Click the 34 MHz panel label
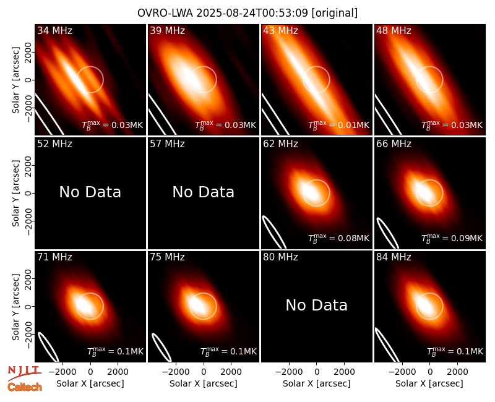(54, 30)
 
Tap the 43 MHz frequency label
(280, 30)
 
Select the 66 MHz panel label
(394, 144)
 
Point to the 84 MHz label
(394, 257)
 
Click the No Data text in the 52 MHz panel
(90, 192)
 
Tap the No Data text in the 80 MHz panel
(316, 305)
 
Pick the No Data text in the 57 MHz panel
(204, 192)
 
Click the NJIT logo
(25, 372)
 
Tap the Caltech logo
(25, 387)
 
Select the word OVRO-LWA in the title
(165, 13)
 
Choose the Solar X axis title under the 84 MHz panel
(429, 383)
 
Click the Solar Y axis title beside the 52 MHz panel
(15, 193)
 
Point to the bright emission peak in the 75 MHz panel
(197, 304)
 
